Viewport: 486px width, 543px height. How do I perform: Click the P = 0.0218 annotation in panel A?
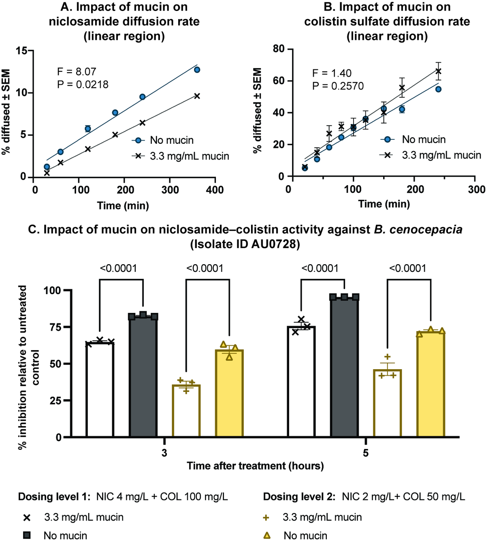pyautogui.click(x=83, y=84)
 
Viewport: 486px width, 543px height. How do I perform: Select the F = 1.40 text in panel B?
pyautogui.click(x=332, y=73)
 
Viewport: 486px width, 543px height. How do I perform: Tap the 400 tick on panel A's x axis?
pyautogui.click(x=215, y=190)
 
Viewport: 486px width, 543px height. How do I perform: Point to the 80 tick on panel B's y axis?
pyautogui.click(x=279, y=49)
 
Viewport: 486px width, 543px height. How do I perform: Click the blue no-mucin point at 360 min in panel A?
pyautogui.click(x=197, y=70)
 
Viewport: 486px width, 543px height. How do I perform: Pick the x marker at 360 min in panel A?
pyautogui.click(x=197, y=96)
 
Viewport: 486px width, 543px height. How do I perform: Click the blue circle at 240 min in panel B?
pyautogui.click(x=438, y=89)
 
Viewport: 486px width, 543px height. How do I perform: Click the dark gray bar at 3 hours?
pyautogui.click(x=143, y=377)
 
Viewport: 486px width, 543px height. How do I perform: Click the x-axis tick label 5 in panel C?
pyautogui.click(x=366, y=453)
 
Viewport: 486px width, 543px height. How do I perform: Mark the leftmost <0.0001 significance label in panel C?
pyautogui.click(x=118, y=268)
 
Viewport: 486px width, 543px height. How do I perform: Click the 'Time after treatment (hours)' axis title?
pyautogui.click(x=255, y=466)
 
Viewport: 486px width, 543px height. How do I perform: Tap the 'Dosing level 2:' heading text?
pyautogui.click(x=299, y=497)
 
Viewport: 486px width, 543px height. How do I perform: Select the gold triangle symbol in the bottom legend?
pyautogui.click(x=267, y=535)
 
